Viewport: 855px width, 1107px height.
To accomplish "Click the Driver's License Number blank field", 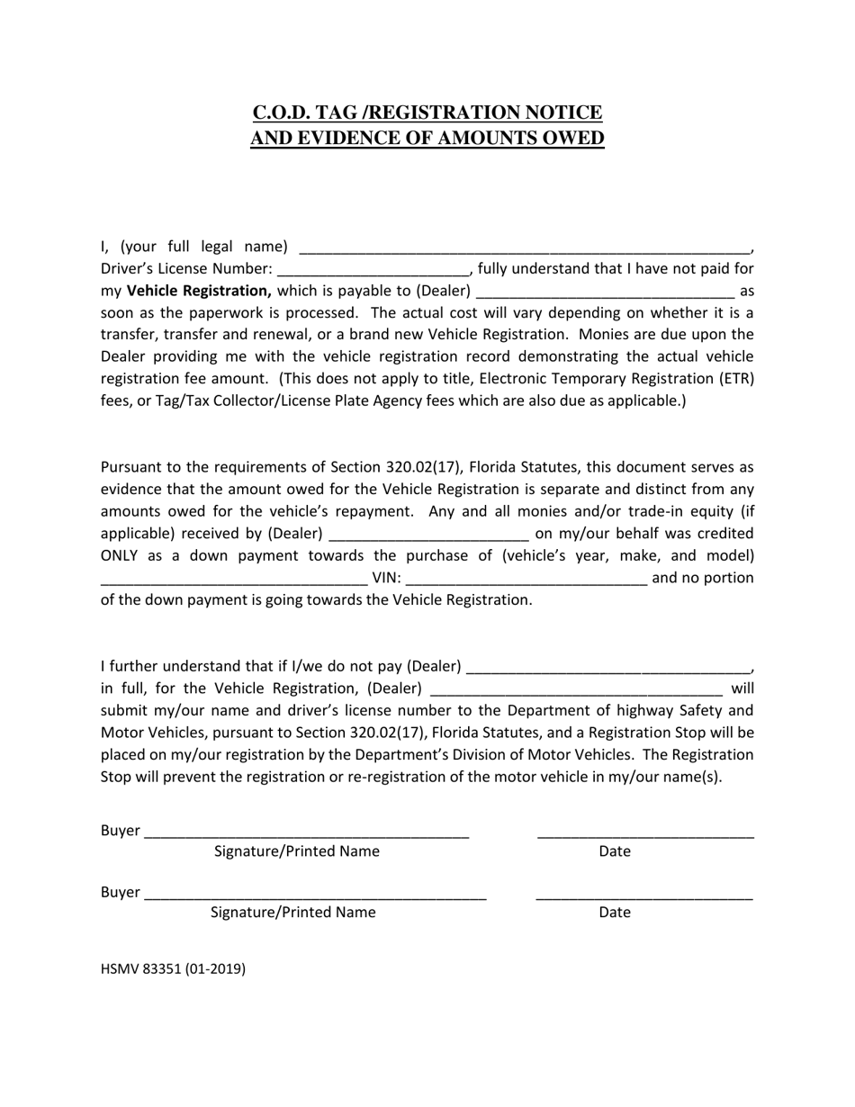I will click(373, 269).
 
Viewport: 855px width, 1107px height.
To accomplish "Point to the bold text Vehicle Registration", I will click(199, 291).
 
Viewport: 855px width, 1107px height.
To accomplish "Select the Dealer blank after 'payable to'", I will click(605, 292).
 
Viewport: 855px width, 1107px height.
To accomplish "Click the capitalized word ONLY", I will click(121, 555).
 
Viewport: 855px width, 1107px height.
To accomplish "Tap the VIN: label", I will click(386, 578).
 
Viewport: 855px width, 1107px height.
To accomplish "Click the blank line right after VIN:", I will click(526, 578).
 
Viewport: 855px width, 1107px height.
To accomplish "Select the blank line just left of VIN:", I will click(234, 578).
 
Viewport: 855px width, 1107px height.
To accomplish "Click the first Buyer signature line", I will click(306, 832).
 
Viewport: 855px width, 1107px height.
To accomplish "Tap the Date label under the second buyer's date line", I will click(615, 913).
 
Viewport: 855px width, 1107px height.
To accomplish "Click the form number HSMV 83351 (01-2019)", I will click(173, 969).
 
